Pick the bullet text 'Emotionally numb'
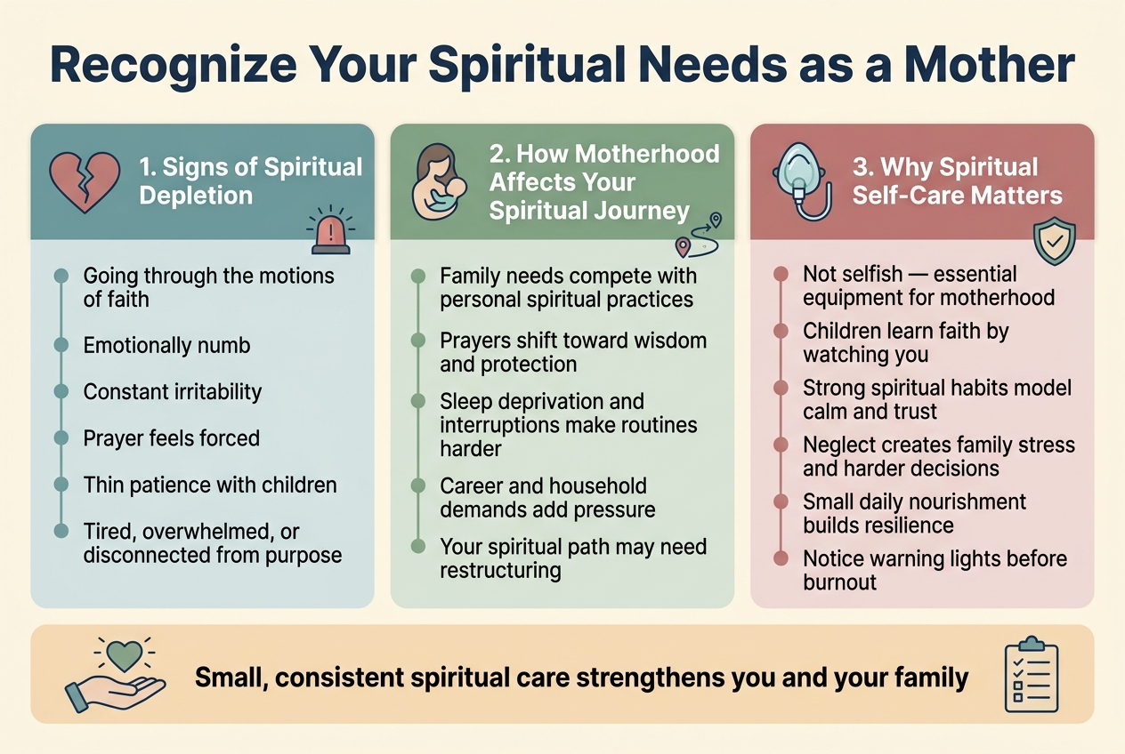tap(166, 345)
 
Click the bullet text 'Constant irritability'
tap(172, 391)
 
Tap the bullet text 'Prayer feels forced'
tap(171, 437)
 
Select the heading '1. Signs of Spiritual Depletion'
tap(250, 180)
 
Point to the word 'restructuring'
tap(500, 569)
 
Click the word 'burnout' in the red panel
tap(839, 582)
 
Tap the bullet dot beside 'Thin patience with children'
tap(61, 485)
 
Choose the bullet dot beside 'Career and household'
tap(418, 486)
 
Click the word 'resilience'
tap(908, 525)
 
